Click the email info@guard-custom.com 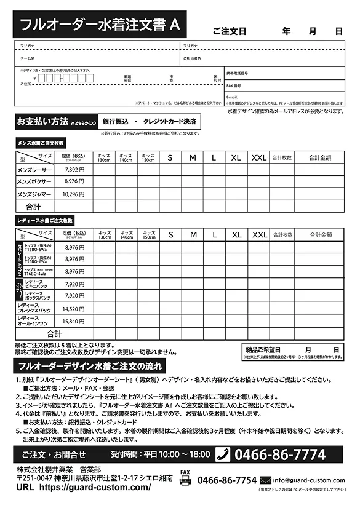click(x=309, y=480)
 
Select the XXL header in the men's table click(x=258, y=158)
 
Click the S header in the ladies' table click(x=170, y=235)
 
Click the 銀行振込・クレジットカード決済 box click(x=149, y=121)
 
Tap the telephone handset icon click(x=222, y=454)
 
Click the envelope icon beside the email click(x=266, y=480)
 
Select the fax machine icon click(x=185, y=481)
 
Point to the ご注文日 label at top click(x=229, y=31)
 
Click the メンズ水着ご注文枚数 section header click(x=41, y=143)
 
